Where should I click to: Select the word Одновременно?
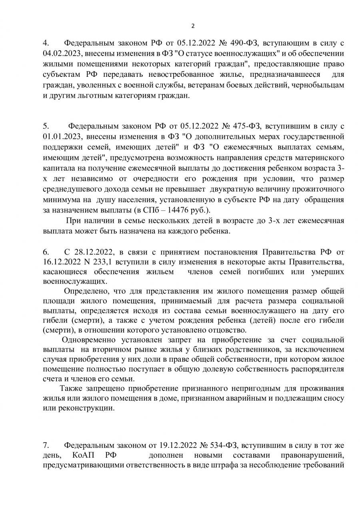coord(86,341)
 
